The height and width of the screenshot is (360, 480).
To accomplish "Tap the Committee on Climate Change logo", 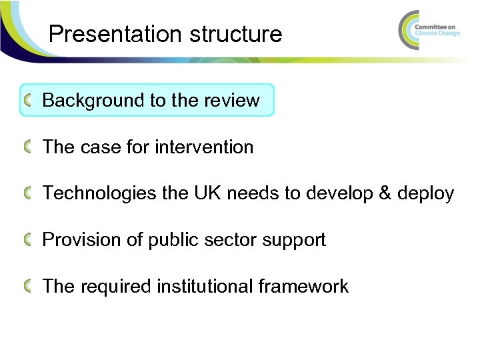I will click(x=429, y=30).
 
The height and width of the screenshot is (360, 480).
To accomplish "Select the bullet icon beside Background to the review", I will click(x=27, y=101).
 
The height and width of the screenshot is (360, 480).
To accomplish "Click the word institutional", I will click(x=205, y=287).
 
